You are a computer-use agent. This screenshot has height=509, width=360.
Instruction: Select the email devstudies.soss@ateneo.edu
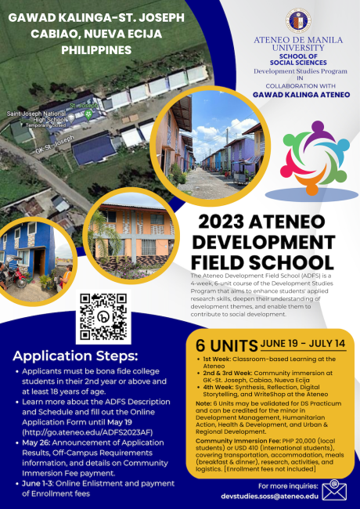coord(270,496)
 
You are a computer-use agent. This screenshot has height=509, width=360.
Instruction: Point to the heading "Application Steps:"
coord(69,355)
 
